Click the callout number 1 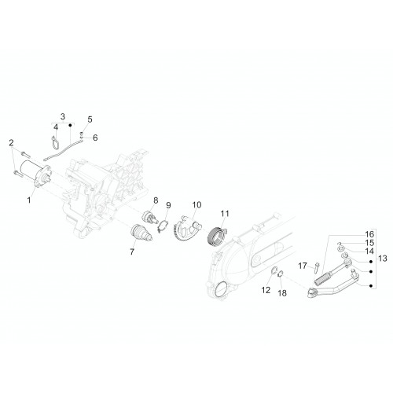[x=29, y=200]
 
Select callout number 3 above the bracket [x=63, y=116]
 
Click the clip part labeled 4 [x=55, y=142]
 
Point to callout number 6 [x=95, y=138]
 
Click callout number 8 [x=156, y=200]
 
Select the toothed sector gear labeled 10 [x=187, y=226]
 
